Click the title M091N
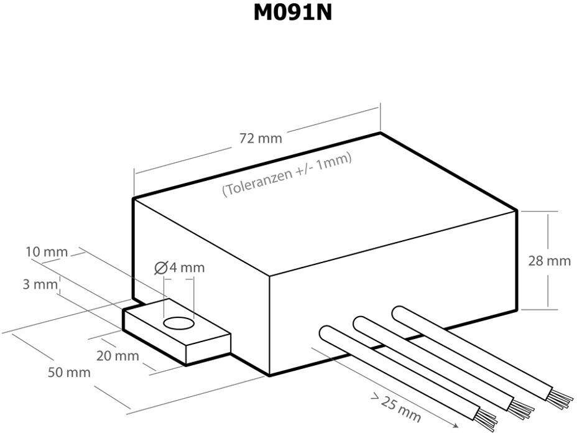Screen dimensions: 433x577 [x=292, y=13]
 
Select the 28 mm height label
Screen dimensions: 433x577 [x=549, y=261]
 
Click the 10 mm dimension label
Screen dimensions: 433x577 [x=47, y=252]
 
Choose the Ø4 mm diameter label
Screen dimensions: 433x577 [x=179, y=268]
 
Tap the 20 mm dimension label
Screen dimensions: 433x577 [x=118, y=356]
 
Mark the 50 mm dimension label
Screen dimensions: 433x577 [x=69, y=373]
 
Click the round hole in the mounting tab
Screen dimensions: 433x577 [x=179, y=324]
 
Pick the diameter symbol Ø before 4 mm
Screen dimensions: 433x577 [x=160, y=268]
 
